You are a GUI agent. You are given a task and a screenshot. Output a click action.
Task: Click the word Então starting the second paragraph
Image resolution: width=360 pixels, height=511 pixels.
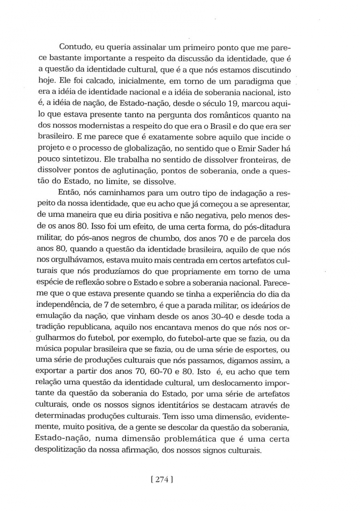click(68, 193)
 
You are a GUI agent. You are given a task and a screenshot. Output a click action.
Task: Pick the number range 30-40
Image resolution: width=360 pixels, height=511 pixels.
click(218, 317)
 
